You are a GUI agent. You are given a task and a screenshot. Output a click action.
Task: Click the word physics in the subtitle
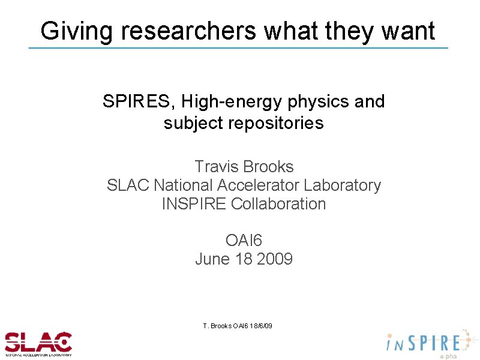coord(319,101)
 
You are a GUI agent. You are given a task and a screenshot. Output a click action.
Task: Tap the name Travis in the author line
coord(217,166)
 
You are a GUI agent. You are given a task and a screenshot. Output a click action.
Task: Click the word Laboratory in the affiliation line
coord(343,185)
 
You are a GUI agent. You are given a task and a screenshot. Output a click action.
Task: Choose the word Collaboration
coord(278,203)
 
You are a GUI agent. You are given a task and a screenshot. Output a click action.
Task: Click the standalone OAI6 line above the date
coord(244,241)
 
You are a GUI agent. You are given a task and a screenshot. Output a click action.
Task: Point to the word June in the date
coord(211,259)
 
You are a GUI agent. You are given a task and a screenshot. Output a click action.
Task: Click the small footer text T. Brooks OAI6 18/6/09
coord(238,325)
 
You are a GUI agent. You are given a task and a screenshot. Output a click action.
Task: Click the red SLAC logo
coord(38,343)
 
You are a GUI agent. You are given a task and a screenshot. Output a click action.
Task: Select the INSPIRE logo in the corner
coord(426,343)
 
